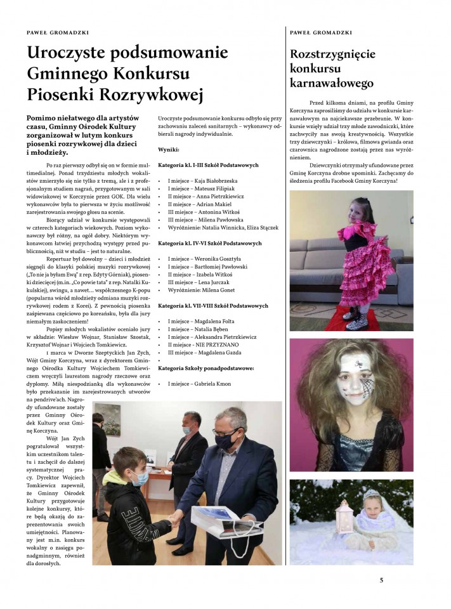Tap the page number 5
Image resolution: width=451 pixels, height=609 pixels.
pos(381,579)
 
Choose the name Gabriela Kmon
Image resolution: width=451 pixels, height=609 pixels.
pos(206,384)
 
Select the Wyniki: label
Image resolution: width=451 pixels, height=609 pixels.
pos(169,150)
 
